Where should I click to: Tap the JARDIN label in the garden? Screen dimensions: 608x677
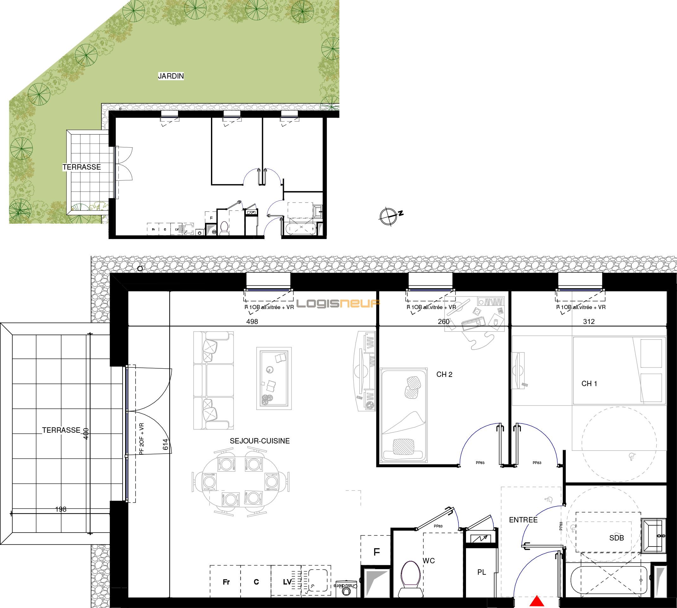pyautogui.click(x=171, y=76)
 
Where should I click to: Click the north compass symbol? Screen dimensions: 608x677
pyautogui.click(x=389, y=216)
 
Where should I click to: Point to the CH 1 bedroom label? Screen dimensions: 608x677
pyautogui.click(x=589, y=384)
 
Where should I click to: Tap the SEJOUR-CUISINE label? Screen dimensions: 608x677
pyautogui.click(x=259, y=441)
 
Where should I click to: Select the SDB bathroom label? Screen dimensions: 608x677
pyautogui.click(x=616, y=538)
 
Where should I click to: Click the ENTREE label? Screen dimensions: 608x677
pyautogui.click(x=523, y=520)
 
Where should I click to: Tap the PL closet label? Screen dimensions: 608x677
pyautogui.click(x=482, y=572)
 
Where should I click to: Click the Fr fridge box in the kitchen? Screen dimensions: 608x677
pyautogui.click(x=226, y=582)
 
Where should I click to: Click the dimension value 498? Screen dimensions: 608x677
pyautogui.click(x=252, y=322)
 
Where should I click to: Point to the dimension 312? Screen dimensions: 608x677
pyautogui.click(x=589, y=322)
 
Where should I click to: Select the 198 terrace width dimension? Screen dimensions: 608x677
pyautogui.click(x=61, y=509)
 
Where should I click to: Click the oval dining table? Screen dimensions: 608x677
pyautogui.click(x=240, y=482)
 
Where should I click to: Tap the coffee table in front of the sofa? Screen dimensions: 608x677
pyautogui.click(x=274, y=378)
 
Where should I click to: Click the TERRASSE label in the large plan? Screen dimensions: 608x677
pyautogui.click(x=61, y=430)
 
